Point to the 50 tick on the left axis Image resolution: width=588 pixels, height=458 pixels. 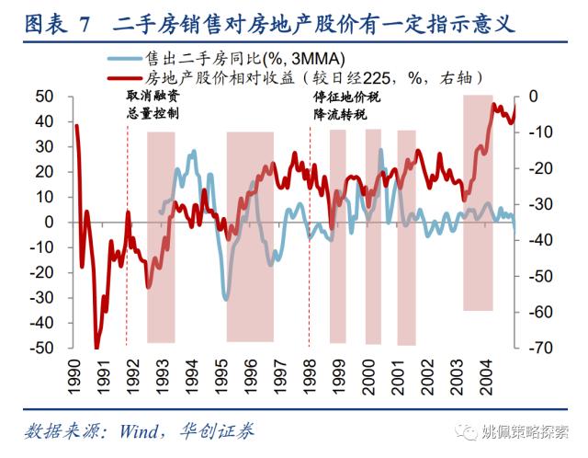tap(44, 96)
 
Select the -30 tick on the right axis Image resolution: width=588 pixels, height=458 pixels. tap(539, 204)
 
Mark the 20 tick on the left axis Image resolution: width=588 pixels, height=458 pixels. tap(44, 172)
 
